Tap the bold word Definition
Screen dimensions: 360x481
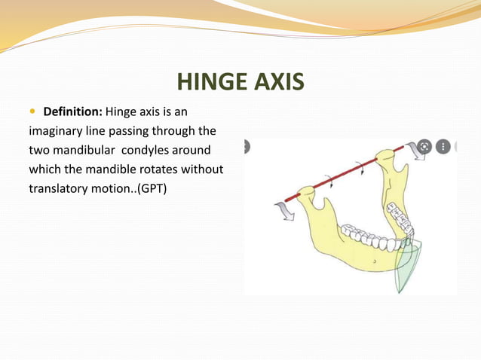tap(73, 112)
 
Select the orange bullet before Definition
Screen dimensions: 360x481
tap(32, 112)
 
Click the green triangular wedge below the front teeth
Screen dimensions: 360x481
tap(406, 266)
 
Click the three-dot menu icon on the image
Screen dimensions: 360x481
tap(443, 147)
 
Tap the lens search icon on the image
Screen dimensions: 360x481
tap(424, 147)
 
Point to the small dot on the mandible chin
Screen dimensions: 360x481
tap(375, 261)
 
